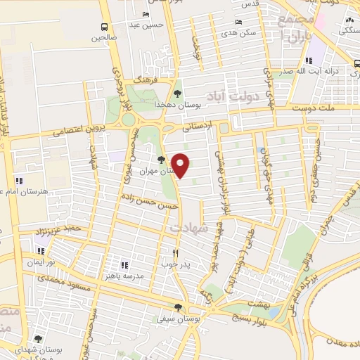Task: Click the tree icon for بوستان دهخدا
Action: point(176,94)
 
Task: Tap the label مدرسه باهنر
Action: point(124,276)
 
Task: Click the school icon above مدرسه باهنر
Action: point(124,265)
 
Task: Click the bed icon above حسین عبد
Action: point(146,15)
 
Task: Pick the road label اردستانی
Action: point(196,128)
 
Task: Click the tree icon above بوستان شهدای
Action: point(37,338)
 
